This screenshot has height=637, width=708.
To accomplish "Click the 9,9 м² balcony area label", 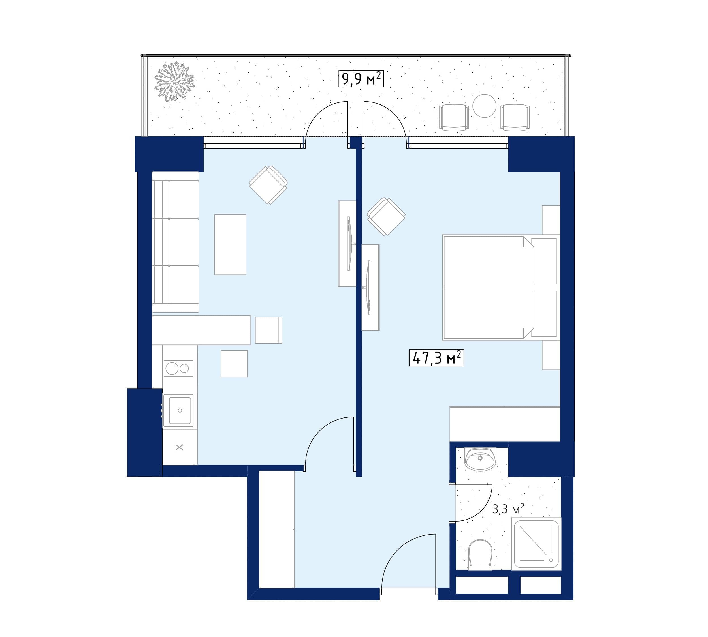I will [x=361, y=79].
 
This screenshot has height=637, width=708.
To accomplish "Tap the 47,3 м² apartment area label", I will [x=436, y=358].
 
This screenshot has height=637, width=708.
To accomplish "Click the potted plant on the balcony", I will [x=174, y=81].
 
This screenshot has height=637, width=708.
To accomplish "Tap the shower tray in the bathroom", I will [x=536, y=544].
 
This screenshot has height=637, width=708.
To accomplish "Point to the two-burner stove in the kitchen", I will [x=178, y=368].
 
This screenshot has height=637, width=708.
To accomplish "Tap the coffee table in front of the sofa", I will [x=230, y=244].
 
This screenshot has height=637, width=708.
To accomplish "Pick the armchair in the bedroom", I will [x=386, y=216].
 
